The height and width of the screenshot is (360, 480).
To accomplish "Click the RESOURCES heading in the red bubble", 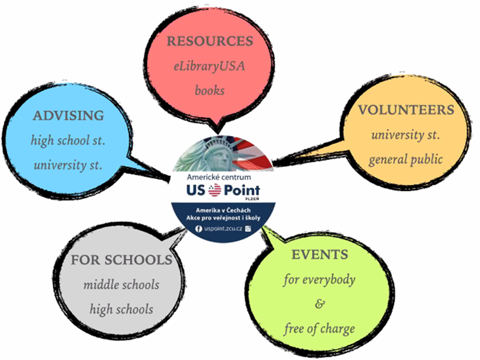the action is pos(210,41).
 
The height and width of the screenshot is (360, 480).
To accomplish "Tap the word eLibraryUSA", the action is pos(210,66).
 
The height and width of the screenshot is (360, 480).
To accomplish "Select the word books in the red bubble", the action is pos(210,90).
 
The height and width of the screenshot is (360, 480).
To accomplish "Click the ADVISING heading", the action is pos(68,116).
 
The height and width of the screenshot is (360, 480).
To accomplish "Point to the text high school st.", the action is pos(68,140).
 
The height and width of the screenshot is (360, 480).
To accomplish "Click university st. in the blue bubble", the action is pos(68,166).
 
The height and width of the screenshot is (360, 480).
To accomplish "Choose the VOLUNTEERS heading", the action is pos(406,110).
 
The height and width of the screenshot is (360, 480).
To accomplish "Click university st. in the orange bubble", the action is pos(406,135).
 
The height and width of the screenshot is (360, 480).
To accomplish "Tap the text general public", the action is pos(406,159).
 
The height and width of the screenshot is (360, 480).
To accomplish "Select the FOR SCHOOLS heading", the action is pos(122,260).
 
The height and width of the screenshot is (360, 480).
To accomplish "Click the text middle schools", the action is pos(121,285).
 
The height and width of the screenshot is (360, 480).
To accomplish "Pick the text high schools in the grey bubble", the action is pos(121,309).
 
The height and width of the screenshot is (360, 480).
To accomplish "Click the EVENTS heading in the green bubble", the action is pos(320,254).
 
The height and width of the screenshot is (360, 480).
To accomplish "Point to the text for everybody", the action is pos(319,280).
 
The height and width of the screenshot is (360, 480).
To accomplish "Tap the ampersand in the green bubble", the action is pos(320,304).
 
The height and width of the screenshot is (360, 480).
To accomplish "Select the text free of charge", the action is pos(319,329).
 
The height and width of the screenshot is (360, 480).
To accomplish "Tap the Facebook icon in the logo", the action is pos(198,229).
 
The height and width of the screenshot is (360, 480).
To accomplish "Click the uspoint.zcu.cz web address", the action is pos(223,229).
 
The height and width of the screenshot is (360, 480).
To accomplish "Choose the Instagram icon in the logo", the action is pos(248,228).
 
